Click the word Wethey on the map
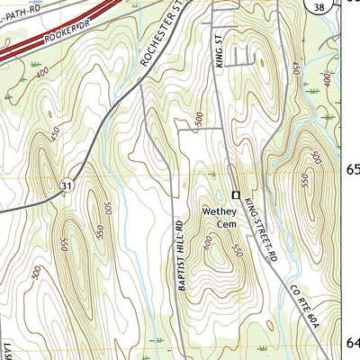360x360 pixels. [217, 211]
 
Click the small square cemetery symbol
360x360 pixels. [237, 194]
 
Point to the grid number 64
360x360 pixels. [353, 343]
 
